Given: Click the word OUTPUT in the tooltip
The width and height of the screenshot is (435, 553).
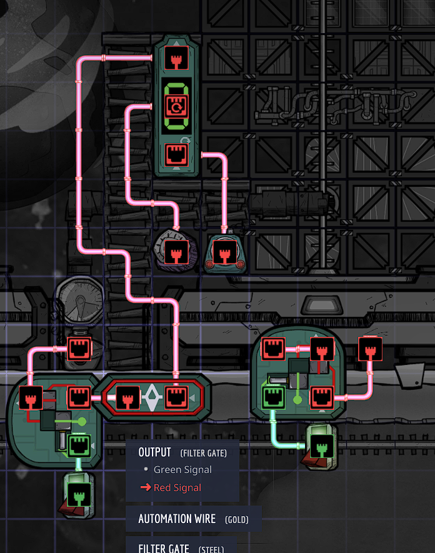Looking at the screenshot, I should click(x=154, y=452).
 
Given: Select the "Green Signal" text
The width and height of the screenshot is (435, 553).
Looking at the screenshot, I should click(x=182, y=470).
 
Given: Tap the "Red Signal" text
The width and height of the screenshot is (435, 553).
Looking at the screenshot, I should click(x=178, y=487).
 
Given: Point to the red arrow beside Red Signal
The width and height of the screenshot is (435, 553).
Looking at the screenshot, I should click(x=145, y=487).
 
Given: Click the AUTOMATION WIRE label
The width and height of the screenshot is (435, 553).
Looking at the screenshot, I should click(x=177, y=519).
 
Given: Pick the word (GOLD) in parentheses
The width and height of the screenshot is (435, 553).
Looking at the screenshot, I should click(x=237, y=520).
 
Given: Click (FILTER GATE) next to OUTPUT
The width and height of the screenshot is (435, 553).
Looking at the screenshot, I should click(x=203, y=453).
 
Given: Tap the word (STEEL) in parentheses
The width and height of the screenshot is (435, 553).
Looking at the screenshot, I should click(x=211, y=549).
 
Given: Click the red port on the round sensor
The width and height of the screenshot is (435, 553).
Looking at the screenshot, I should click(x=176, y=252).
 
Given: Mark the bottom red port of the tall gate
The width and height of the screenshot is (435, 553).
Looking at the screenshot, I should click(x=176, y=154).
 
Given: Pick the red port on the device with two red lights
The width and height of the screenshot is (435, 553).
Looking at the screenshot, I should click(x=223, y=252).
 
